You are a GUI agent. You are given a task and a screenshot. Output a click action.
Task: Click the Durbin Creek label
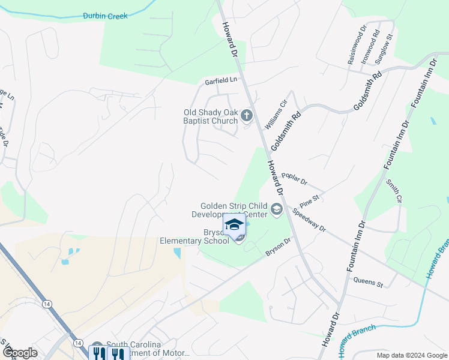pos(105,16)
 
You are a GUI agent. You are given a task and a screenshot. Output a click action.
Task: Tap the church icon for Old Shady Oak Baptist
pos(246,115)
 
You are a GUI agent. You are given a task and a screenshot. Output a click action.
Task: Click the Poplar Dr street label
pos(294,178)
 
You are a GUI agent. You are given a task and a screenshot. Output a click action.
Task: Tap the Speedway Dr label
pos(309,220)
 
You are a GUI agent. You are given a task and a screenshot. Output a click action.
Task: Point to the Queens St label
pos(368,280)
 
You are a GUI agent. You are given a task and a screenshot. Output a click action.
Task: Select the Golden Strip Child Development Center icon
pos(276,209)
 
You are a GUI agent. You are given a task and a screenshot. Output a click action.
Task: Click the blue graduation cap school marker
pos(234,226)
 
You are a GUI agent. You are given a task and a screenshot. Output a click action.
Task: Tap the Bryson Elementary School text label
pos(194,236)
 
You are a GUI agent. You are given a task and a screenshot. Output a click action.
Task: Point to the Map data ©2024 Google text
pos(411,355)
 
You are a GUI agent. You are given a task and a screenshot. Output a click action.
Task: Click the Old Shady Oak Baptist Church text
pos(211,116)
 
